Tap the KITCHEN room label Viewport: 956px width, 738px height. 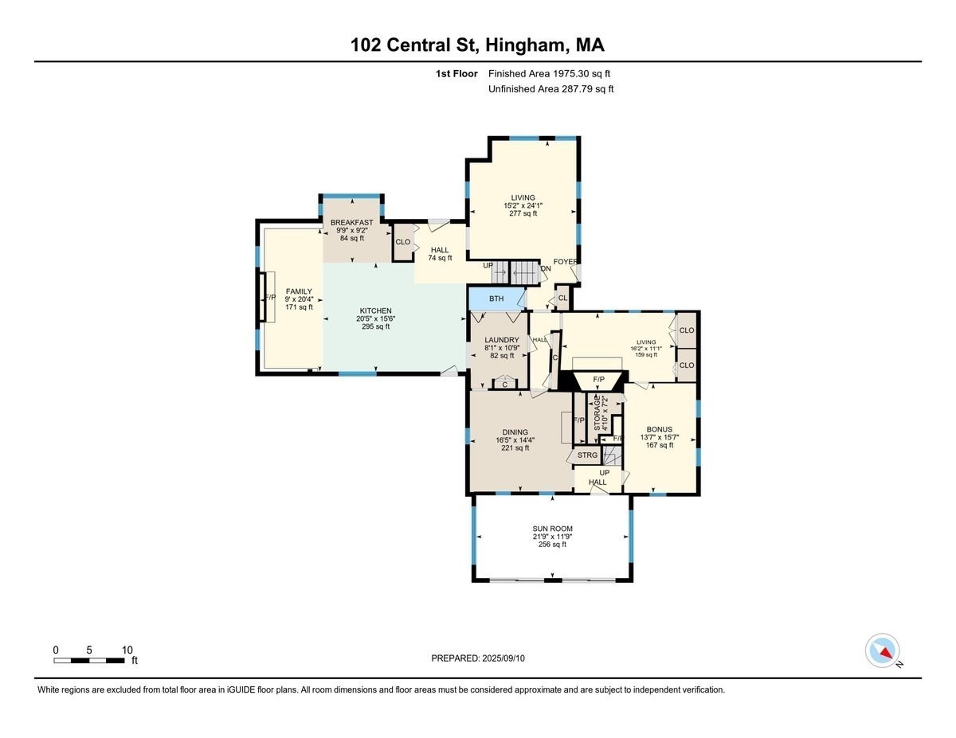[375, 310]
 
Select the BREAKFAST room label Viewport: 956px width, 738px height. [352, 223]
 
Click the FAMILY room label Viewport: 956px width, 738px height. [300, 291]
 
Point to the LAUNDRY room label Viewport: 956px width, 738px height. [502, 340]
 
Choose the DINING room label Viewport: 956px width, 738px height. [515, 432]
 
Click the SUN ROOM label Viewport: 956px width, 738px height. [553, 529]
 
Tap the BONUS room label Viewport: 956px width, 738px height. [659, 428]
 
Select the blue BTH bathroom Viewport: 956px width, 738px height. [496, 299]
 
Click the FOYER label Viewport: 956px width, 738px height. [565, 261]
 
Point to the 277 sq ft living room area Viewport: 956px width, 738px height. [523, 213]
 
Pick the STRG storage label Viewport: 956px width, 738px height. [587, 455]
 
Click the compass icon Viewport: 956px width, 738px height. [883, 650]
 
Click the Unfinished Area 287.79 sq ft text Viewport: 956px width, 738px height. [550, 89]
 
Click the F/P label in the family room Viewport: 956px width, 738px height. [270, 298]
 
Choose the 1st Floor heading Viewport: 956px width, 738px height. [456, 73]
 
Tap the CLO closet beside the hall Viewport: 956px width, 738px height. [403, 242]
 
